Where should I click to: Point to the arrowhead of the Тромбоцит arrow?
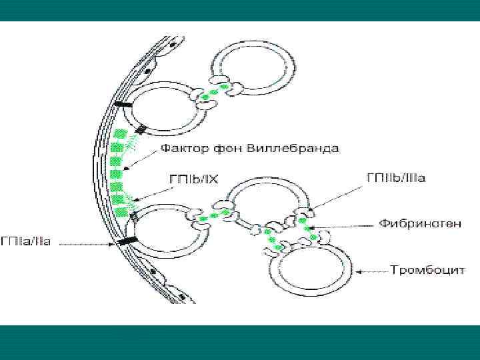click(x=359, y=271)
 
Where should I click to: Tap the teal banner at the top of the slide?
click(x=240, y=10)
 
